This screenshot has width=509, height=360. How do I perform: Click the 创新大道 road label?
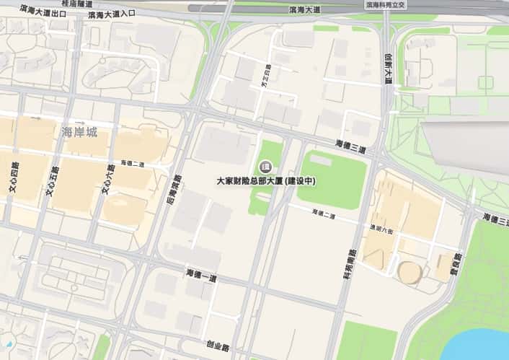[x=387, y=69]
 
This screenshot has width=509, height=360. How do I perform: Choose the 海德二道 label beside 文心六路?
[x=133, y=164]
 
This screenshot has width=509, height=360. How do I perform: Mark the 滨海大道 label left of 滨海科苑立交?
[x=304, y=10]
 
